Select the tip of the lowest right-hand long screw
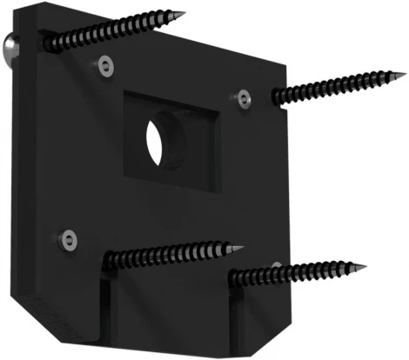click(365, 264)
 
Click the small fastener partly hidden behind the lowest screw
click(275, 265)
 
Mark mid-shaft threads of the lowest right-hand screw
click(300, 271)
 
